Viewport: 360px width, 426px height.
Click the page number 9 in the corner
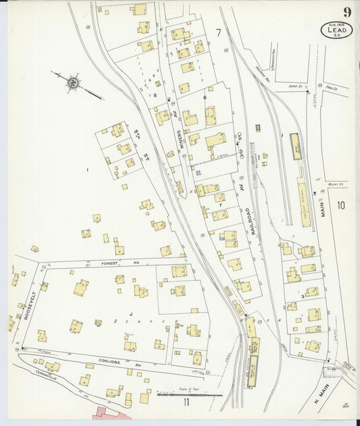pos(346,11)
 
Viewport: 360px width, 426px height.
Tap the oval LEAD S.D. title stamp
pos(336,31)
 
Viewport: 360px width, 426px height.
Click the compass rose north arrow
pos(72,83)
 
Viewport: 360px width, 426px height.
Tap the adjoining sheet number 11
pos(185,403)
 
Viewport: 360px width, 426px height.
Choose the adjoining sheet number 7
pos(218,32)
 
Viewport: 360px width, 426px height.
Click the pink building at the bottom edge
pos(108,412)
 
